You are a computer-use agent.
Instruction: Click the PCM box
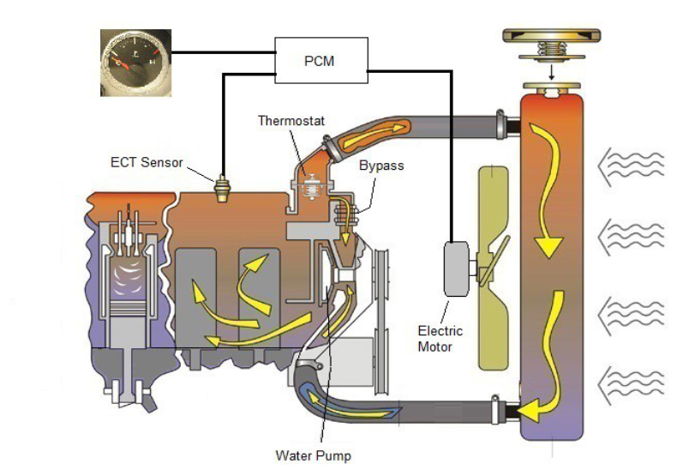(x=321, y=61)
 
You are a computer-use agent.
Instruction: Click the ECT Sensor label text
(x=147, y=161)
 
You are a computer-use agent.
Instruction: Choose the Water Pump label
(x=313, y=455)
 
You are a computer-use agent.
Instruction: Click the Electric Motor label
(x=440, y=339)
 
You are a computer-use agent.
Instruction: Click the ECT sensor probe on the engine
(x=225, y=187)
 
